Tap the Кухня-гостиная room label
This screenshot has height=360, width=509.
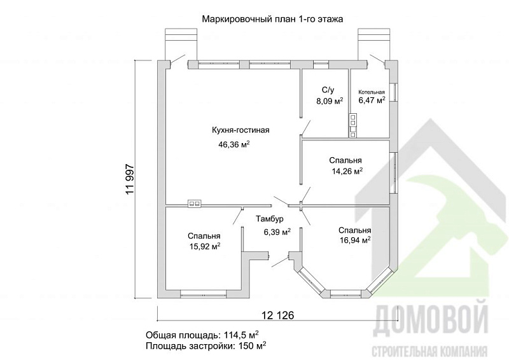pyautogui.click(x=241, y=130)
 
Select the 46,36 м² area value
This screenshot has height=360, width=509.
pyautogui.click(x=234, y=145)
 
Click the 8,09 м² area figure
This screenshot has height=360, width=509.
pyautogui.click(x=330, y=100)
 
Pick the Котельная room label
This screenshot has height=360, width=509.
pyautogui.click(x=372, y=91)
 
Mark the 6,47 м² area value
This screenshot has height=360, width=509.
pyautogui.click(x=372, y=100)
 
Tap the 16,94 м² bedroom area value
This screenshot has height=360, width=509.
pyautogui.click(x=355, y=240)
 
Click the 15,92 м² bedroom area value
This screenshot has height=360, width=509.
pyautogui.click(x=204, y=246)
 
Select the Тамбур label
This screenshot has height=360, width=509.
pyautogui.click(x=270, y=219)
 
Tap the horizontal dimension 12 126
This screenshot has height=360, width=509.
pyautogui.click(x=273, y=315)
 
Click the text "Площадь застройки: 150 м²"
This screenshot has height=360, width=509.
pyautogui.click(x=206, y=346)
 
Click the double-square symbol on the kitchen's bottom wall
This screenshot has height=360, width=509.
pyautogui.click(x=195, y=204)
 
